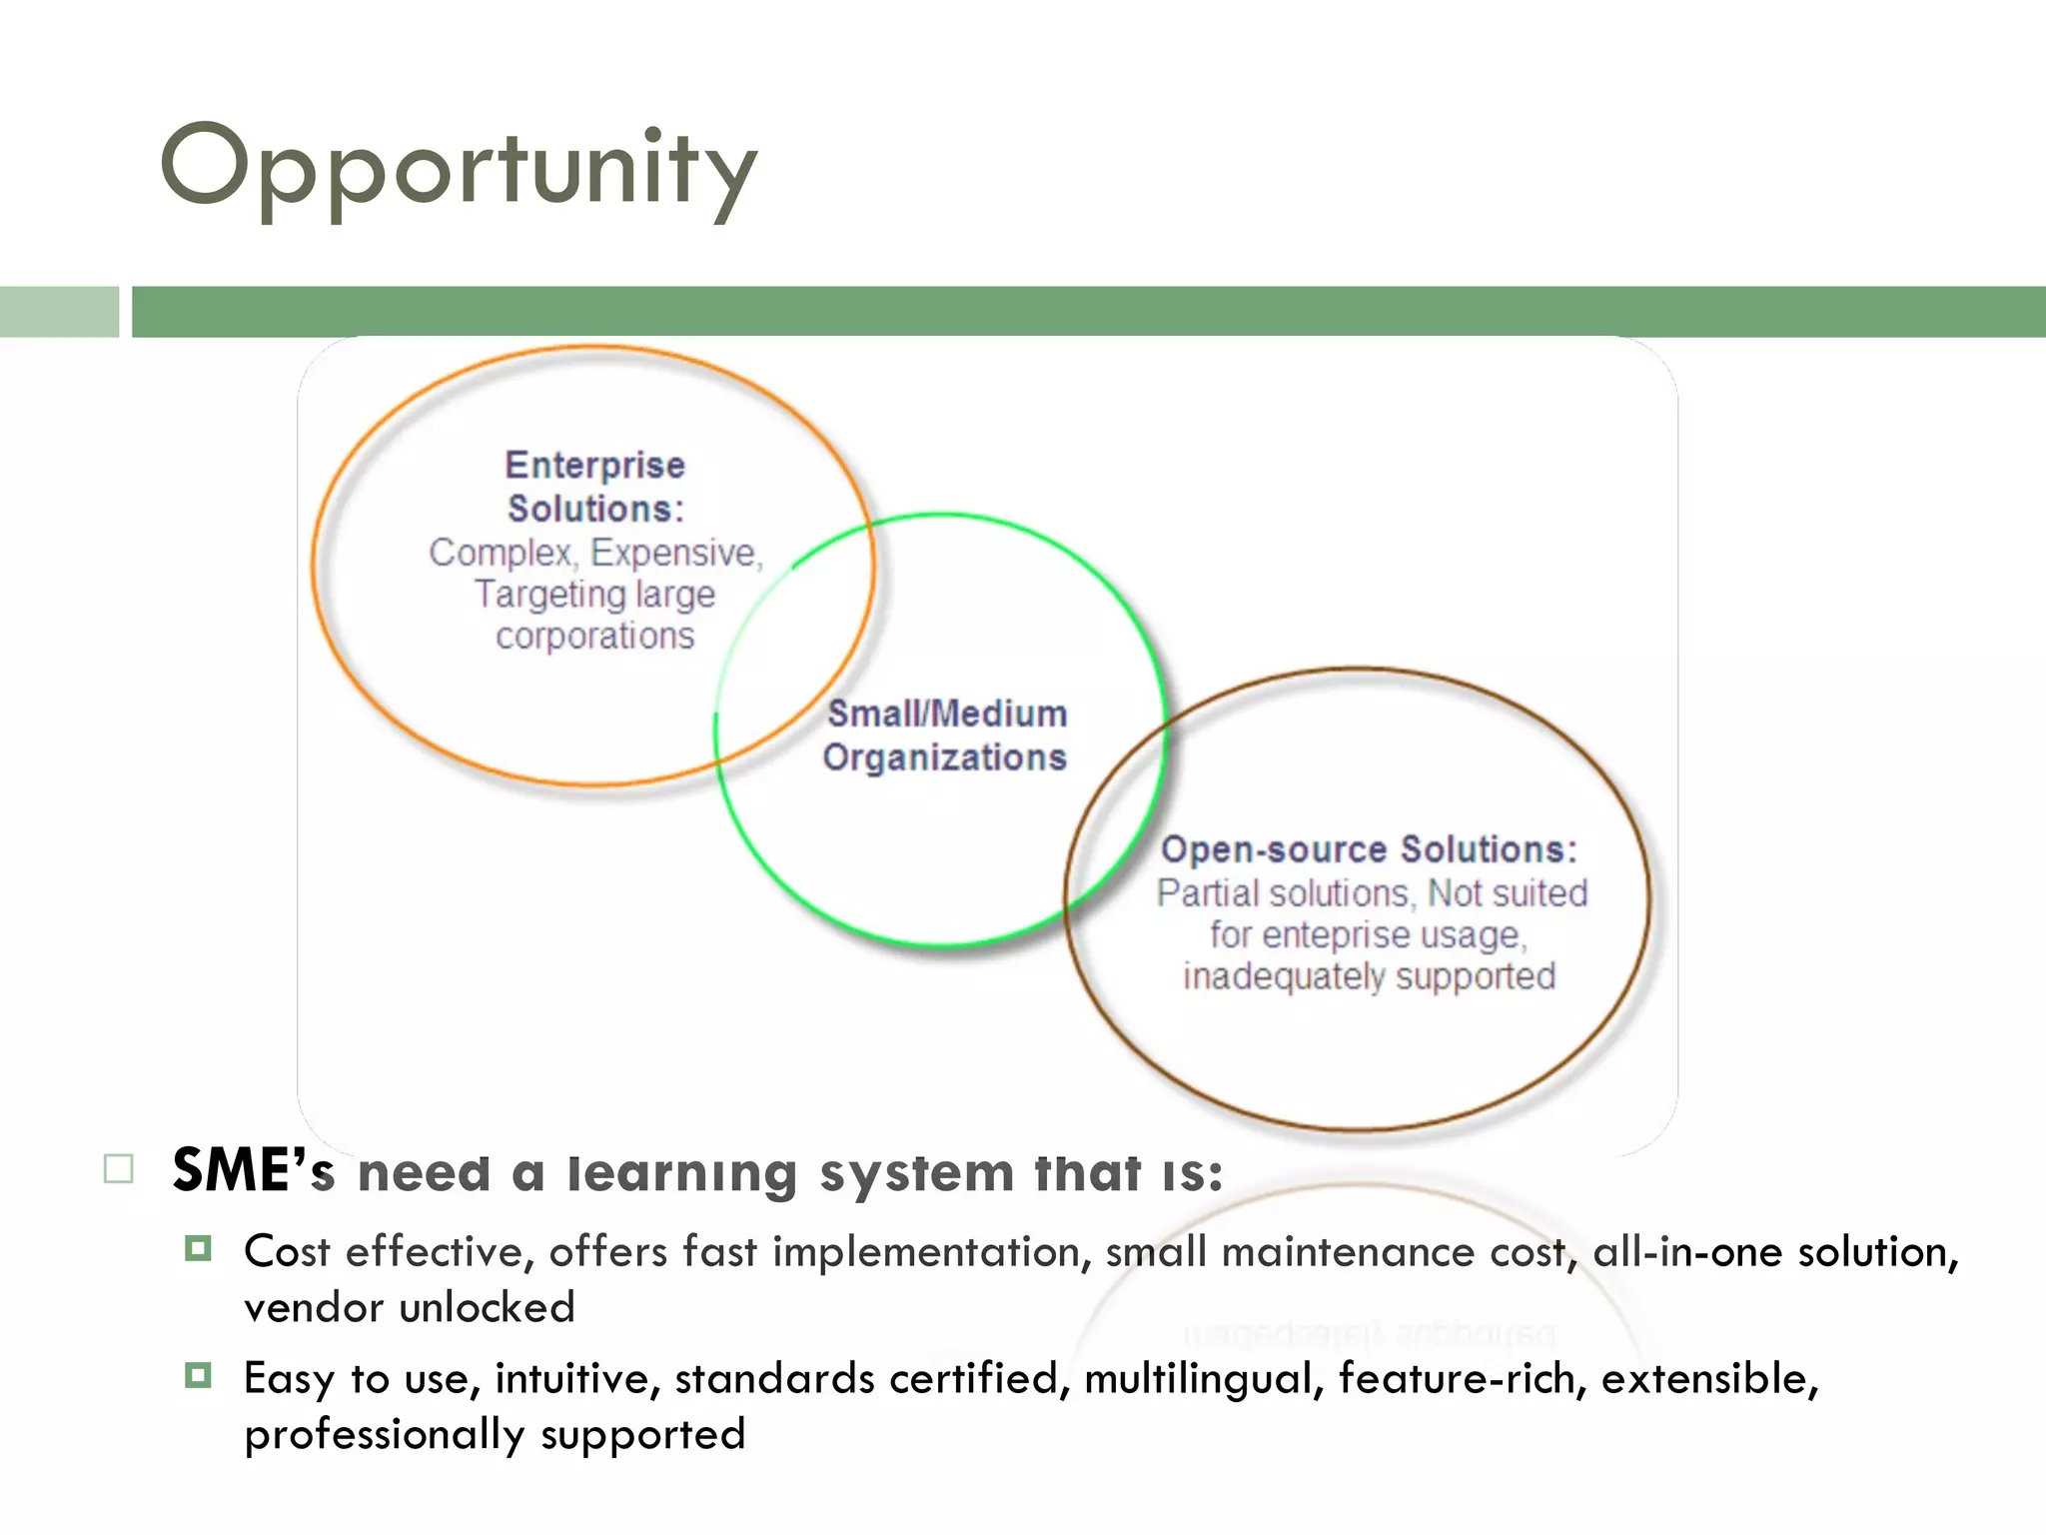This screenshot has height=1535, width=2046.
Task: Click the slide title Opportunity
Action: tap(460, 168)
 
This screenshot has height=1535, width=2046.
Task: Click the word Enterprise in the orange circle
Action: tap(594, 466)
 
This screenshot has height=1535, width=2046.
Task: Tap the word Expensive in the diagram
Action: tap(675, 553)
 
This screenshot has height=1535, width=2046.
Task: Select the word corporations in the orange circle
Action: tap(594, 637)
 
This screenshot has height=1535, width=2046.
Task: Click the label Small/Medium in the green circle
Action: tap(946, 714)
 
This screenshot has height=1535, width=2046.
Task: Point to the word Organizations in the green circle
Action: tap(944, 758)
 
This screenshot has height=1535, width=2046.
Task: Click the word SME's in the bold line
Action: tap(253, 1170)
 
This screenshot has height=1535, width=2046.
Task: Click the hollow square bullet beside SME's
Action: tap(118, 1168)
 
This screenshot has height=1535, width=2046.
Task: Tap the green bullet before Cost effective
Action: tap(198, 1248)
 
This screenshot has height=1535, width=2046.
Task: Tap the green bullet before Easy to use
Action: tap(198, 1376)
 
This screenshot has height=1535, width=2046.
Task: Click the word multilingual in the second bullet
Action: tap(1204, 1379)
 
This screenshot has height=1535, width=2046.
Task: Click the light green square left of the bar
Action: tap(59, 312)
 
